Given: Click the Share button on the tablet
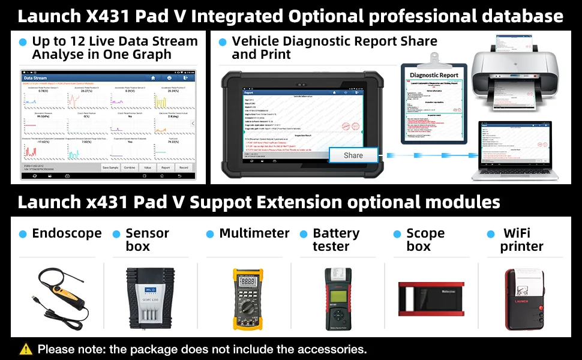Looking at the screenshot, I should tap(353, 155).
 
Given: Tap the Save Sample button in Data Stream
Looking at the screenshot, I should tap(110, 168).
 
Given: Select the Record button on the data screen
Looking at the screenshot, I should tap(184, 168).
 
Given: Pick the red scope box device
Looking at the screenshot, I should tap(432, 298).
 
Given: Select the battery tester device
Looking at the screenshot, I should tap(338, 298).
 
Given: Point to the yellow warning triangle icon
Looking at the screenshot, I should tap(26, 349).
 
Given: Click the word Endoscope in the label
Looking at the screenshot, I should tap(67, 233).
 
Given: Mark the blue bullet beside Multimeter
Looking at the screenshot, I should tap(210, 234).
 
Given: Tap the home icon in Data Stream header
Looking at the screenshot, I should tap(153, 78).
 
